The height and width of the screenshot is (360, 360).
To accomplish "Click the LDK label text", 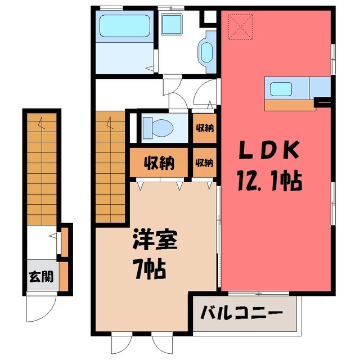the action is pos(269,150).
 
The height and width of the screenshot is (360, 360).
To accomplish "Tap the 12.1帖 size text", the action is pos(269,181).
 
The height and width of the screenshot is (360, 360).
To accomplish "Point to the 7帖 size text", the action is pos(150,268).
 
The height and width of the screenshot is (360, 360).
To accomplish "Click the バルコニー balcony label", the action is pos(241,313).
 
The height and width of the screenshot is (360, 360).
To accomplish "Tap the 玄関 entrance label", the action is pos(41,276).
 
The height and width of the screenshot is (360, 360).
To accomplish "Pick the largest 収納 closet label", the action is pos(159,163).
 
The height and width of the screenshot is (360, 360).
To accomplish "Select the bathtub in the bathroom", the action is pos(125,26).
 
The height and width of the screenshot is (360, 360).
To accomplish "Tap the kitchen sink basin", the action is pos(281,89).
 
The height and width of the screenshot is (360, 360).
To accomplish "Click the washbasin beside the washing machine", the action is pos(206,52).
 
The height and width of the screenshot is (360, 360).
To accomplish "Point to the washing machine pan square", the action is pos(172,24).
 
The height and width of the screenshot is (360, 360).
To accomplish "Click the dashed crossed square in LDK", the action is pos(240,26).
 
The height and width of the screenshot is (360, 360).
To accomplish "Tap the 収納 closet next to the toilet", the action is pos(205,128).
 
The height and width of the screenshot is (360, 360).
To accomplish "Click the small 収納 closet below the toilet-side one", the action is pos(204,163).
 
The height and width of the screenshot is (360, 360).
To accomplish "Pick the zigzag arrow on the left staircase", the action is pos(41,123).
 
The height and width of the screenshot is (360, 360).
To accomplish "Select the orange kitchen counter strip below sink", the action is pos(289,105).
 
